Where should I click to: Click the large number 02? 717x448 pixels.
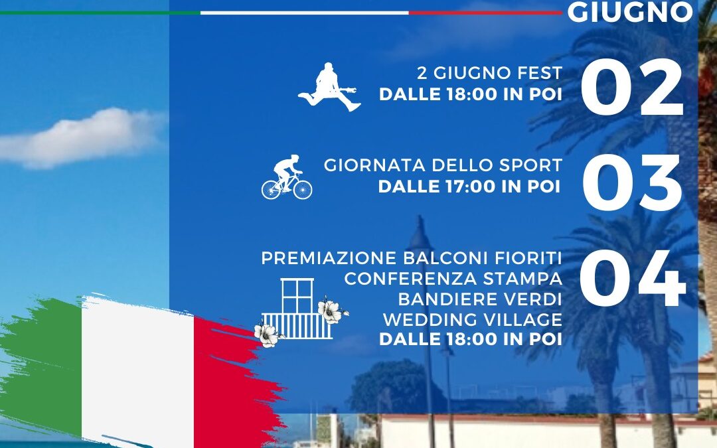[632, 87]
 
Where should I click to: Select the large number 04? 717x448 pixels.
[633, 278]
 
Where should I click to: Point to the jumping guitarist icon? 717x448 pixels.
[329, 87]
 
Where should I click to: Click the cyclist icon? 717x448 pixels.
[287, 177]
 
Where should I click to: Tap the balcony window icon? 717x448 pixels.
[297, 309]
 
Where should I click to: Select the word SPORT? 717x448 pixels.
[530, 165]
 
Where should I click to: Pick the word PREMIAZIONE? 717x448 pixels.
[329, 258]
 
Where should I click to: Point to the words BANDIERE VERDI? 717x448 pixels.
[480, 299]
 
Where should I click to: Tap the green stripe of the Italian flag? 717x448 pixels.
[43, 366]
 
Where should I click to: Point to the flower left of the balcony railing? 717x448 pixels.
[267, 334]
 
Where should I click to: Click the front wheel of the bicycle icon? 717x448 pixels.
[303, 188]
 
